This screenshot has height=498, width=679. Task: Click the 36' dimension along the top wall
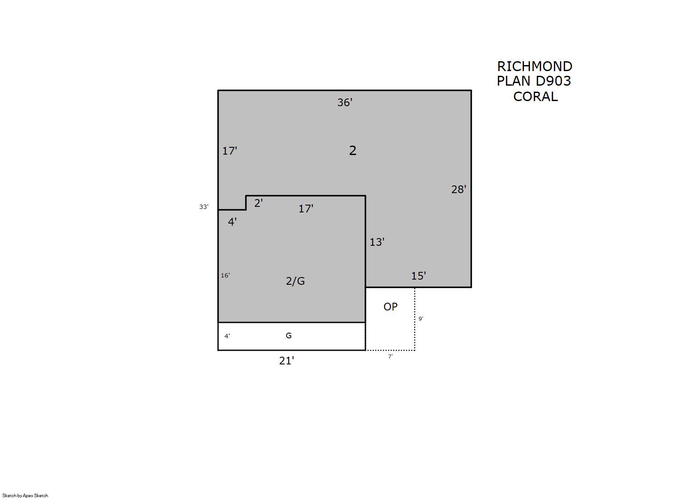click(345, 102)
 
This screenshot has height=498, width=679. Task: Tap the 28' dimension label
click(459, 189)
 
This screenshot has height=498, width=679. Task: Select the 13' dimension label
click(377, 242)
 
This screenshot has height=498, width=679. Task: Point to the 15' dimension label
click(419, 276)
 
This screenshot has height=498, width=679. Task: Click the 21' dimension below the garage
click(287, 361)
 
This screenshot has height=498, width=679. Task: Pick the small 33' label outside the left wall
click(204, 207)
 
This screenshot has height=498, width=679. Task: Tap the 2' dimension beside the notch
click(259, 203)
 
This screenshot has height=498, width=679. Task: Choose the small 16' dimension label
click(225, 275)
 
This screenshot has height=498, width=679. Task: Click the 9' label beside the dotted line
click(421, 319)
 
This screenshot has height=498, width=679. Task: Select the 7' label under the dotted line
click(390, 357)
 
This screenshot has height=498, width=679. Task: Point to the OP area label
click(390, 307)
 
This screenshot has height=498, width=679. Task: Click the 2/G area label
click(295, 281)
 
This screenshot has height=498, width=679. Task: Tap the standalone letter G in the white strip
click(289, 335)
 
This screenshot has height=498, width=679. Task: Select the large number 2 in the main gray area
click(353, 151)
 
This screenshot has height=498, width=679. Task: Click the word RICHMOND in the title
click(535, 66)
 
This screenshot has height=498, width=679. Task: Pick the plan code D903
click(553, 81)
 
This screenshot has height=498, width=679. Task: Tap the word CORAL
click(535, 97)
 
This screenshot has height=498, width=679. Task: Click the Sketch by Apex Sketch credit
click(25, 495)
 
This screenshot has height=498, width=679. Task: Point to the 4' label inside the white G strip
click(227, 336)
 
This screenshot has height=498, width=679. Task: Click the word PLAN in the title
click(514, 81)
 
